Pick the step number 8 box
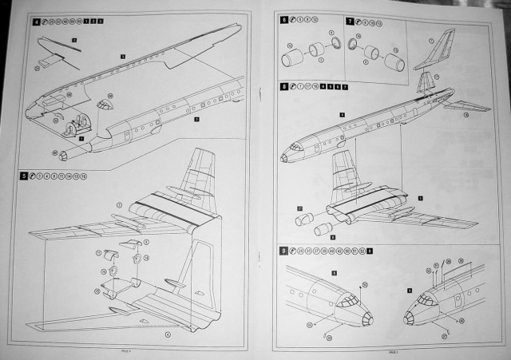283,85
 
